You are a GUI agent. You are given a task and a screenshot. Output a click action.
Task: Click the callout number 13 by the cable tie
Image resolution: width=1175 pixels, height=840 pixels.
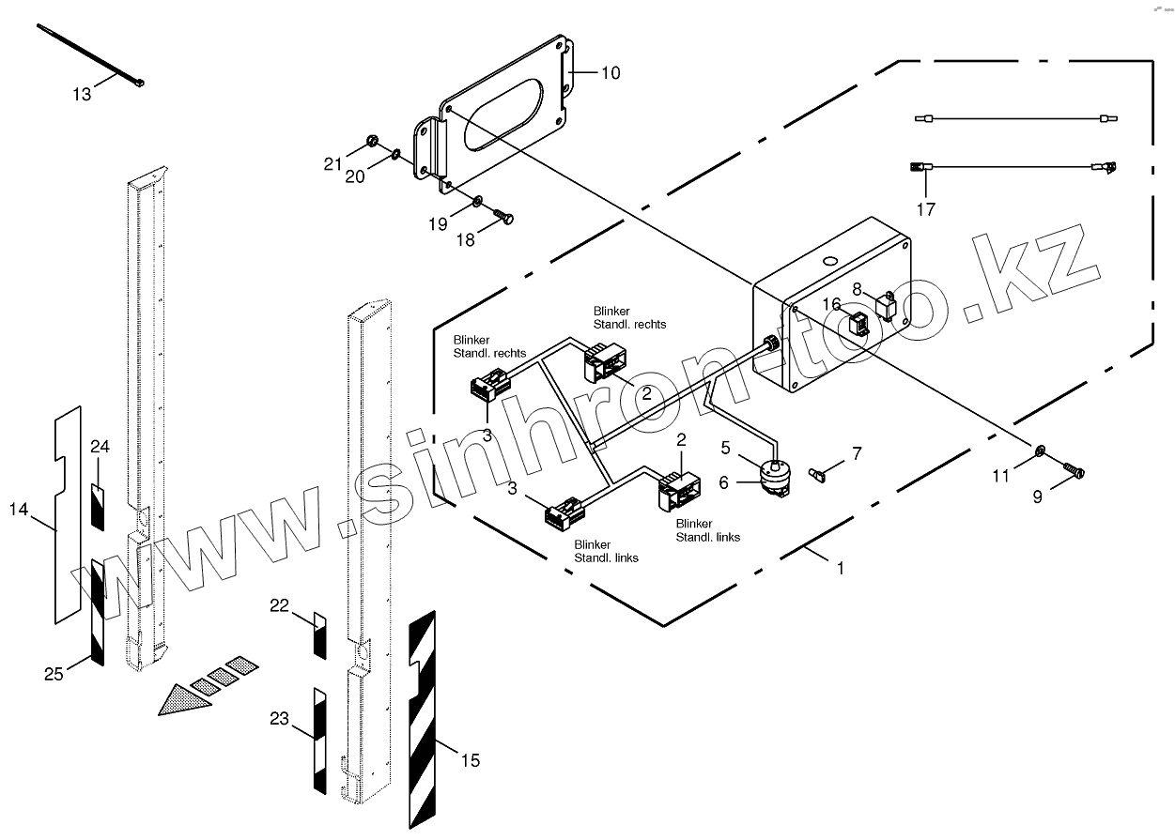[82, 95]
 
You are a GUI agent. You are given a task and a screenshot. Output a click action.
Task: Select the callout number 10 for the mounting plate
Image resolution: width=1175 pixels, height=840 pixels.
[611, 73]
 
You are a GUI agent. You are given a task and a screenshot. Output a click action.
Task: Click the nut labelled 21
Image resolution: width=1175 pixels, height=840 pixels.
[372, 143]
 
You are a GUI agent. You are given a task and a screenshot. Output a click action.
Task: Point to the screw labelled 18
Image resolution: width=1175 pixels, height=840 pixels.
[503, 219]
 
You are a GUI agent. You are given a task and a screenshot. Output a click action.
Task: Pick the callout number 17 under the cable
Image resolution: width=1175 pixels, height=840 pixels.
[926, 209]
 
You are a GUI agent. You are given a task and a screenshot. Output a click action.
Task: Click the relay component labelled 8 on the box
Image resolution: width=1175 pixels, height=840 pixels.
[886, 306]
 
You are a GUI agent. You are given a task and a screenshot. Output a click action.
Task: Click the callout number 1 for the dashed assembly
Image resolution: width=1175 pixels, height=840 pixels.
[841, 568]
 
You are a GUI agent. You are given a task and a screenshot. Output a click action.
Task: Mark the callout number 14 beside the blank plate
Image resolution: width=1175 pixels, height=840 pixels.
[19, 510]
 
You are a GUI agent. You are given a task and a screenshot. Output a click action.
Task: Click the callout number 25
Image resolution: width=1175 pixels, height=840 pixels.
[54, 673]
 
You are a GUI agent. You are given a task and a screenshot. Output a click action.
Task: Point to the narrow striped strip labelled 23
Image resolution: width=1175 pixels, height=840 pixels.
[318, 741]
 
